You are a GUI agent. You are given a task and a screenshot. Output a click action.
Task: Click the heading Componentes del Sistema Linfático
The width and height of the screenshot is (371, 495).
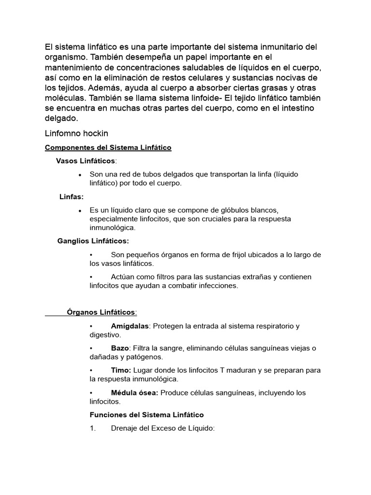click(108, 147)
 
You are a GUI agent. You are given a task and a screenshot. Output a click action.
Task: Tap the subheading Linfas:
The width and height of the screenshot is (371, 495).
click(71, 197)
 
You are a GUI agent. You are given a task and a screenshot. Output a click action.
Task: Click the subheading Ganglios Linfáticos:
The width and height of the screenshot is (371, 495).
click(93, 241)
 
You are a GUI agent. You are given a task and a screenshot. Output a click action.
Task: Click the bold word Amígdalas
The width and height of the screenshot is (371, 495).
click(129, 326)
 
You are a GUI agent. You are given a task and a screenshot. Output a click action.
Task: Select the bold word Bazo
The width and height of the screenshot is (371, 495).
click(120, 348)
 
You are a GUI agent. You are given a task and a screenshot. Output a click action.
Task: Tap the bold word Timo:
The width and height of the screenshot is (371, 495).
click(121, 370)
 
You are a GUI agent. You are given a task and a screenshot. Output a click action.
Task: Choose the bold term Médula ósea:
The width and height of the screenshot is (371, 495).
click(134, 393)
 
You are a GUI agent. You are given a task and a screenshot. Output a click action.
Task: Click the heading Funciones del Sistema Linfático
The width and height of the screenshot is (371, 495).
click(147, 415)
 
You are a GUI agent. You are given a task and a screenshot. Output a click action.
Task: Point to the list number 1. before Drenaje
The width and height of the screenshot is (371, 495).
click(93, 428)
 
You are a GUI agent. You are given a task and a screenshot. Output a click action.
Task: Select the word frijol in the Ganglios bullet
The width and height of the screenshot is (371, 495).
click(235, 255)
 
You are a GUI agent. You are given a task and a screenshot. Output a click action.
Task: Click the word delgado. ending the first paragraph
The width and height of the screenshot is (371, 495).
click(61, 118)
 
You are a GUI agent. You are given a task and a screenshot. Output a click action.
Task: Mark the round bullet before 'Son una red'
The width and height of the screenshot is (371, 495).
click(79, 175)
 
